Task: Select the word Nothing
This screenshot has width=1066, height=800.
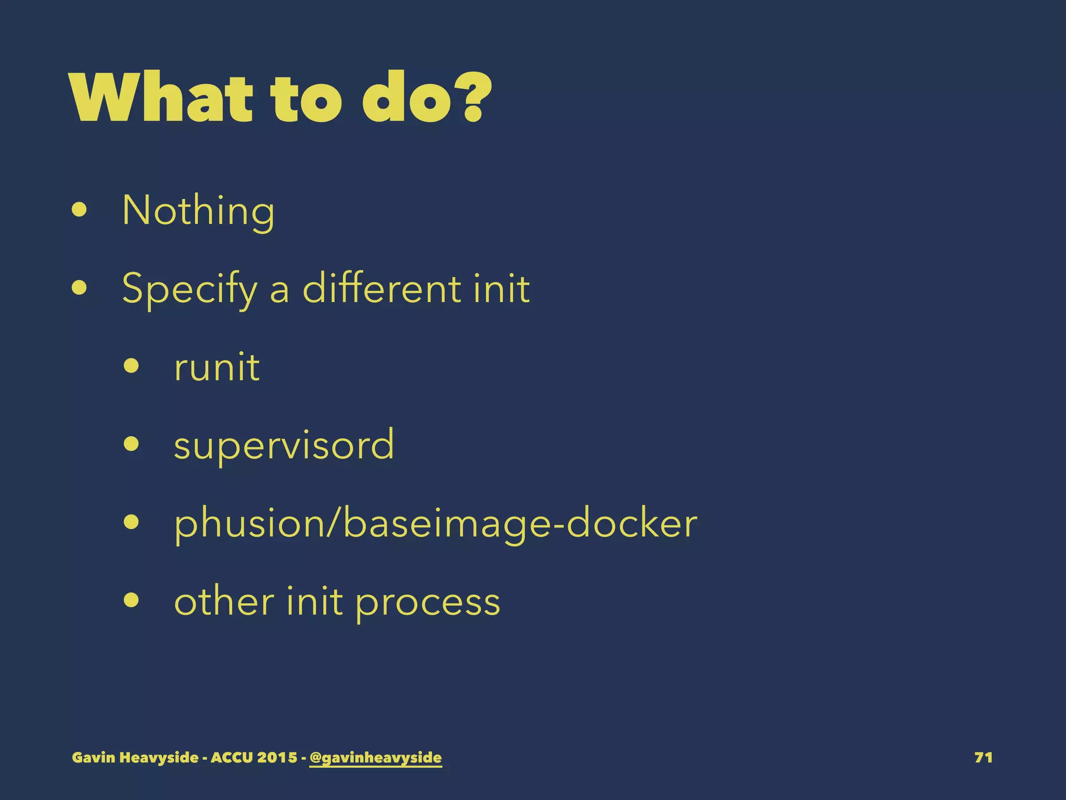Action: [198, 210]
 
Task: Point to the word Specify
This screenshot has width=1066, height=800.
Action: [189, 289]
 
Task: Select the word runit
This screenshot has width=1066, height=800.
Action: [217, 367]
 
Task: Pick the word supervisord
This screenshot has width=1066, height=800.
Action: [284, 445]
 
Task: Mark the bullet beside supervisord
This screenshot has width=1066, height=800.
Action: [132, 444]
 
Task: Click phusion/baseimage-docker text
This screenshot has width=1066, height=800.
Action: [435, 523]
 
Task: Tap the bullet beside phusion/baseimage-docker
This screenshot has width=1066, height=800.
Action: [132, 522]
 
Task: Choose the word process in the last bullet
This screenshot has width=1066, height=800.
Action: [427, 602]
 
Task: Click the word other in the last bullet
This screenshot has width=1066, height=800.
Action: [224, 601]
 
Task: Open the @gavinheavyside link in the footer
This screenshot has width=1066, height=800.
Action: [375, 757]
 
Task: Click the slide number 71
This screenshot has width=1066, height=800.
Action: [983, 757]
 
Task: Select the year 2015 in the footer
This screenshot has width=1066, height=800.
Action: [276, 757]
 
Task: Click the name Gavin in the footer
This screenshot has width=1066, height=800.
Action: [94, 757]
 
